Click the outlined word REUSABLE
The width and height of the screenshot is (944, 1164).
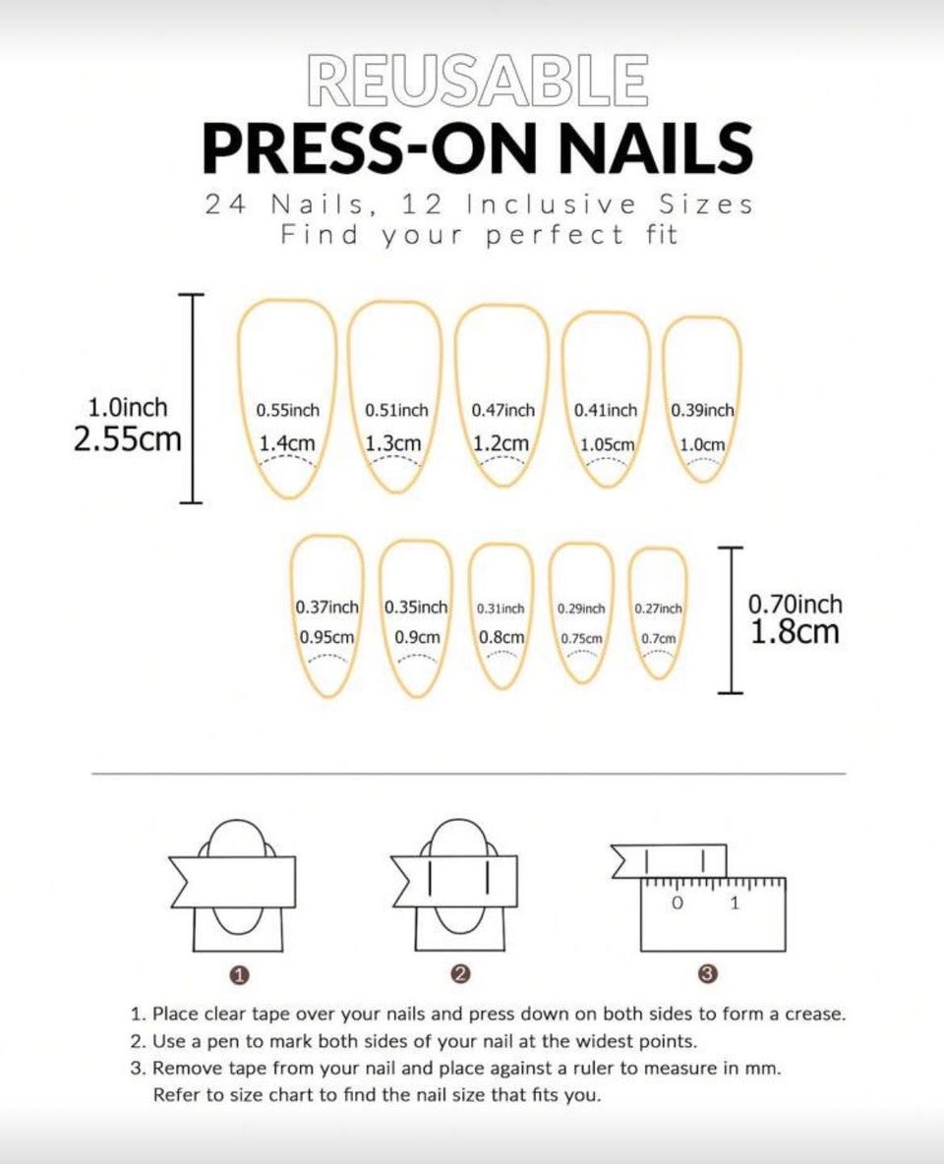pos(476,80)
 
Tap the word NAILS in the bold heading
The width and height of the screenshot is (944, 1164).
pos(655,147)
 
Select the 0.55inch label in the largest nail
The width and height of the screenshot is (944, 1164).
pos(287,411)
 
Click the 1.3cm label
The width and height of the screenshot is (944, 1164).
pos(393,443)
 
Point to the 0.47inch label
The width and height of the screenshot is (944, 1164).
pos(502,411)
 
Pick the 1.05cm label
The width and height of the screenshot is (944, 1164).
pos(608,444)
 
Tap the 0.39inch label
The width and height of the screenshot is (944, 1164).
pos(702,411)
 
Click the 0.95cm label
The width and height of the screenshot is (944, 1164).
pos(326,637)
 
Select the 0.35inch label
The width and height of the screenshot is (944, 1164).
pos(416,608)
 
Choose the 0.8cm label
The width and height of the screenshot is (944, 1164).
pos(501,637)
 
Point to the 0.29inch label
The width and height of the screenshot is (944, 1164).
pos(581,609)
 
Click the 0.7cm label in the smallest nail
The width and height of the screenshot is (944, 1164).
pos(659,638)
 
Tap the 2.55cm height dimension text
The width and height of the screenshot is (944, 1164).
pos(127,438)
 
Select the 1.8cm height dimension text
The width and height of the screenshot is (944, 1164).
pos(795,632)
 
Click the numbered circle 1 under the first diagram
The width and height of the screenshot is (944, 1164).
pos(239,975)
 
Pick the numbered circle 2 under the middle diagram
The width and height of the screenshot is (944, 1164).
pos(460,974)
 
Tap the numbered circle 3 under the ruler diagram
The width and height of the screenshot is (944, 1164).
pos(709,974)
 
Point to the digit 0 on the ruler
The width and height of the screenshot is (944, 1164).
pos(677,903)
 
